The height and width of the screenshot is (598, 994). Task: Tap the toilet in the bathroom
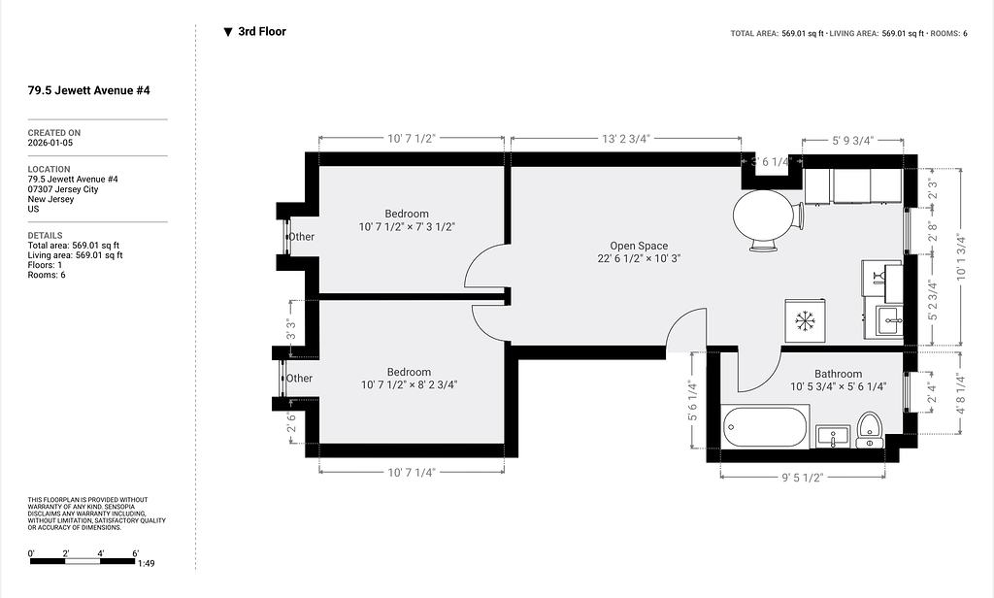pos(869,429)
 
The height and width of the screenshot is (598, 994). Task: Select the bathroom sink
pos(832,437)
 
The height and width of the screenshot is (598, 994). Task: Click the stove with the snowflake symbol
pos(805,320)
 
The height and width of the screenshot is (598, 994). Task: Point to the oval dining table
pos(763,215)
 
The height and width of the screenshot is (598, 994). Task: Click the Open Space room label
pos(639,246)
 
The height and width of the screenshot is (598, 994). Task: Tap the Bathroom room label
pos(838,374)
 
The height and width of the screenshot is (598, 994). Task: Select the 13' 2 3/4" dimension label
pos(626,138)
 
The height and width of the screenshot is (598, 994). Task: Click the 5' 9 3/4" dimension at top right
pos(852,140)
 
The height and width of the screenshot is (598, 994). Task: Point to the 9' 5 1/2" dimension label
pos(802,478)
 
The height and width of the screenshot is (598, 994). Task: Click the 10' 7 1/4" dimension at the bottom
pos(412,473)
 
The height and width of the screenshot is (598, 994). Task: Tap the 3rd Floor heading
pos(262,32)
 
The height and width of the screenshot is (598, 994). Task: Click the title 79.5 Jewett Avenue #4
pos(88,90)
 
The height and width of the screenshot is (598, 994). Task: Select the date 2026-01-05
pos(50,143)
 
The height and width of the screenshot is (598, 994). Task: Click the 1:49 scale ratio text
pos(146,563)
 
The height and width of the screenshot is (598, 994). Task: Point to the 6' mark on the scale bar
pos(135,553)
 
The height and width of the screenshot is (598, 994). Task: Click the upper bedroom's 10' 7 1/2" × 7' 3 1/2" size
pos(407,227)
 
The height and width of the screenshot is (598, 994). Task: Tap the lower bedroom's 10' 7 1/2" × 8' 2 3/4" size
pos(409,385)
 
